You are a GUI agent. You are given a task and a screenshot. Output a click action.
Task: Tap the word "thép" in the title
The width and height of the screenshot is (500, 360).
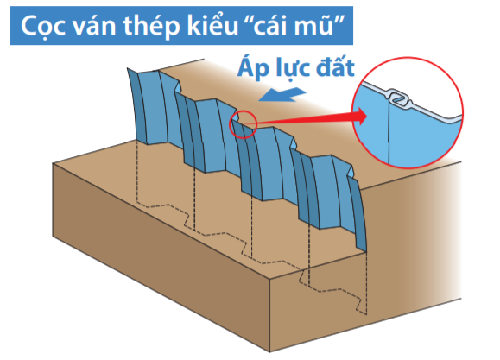point(151,27)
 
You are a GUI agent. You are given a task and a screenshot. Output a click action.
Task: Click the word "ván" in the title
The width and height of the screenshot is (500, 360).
point(94,25)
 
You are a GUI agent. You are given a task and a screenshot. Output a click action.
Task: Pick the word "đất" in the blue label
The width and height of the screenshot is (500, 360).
point(335,67)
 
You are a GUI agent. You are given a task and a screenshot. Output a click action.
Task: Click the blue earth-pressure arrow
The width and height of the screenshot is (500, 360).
point(282,95)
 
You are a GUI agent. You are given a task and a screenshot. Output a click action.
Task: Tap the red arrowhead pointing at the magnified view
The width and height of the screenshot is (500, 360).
point(360,116)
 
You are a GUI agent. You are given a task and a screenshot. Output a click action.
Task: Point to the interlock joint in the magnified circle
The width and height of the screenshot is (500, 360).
point(399,98)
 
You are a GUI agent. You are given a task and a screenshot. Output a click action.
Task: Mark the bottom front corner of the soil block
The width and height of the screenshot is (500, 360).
point(269,352)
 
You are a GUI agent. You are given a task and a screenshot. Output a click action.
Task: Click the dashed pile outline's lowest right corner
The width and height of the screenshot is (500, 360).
point(367,315)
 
